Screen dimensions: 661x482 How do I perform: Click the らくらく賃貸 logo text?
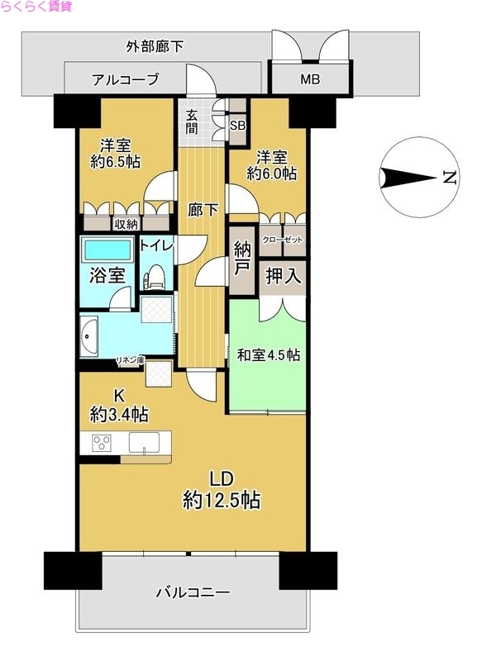[x=36, y=7]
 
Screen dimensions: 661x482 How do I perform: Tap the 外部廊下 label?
[x=155, y=46]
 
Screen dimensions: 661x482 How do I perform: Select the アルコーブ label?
[x=125, y=80]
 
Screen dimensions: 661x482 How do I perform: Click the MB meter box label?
[x=309, y=80]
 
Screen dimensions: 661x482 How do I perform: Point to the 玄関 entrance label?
[x=192, y=122]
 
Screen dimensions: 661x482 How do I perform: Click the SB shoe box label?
[x=237, y=126]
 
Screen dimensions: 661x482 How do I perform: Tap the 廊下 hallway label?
[x=202, y=210]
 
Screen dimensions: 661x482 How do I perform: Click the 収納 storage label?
[x=126, y=222]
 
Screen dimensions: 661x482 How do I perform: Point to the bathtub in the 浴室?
[x=107, y=249]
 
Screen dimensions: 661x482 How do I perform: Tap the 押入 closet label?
[x=283, y=276]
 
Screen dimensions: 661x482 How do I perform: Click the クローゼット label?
[x=283, y=240]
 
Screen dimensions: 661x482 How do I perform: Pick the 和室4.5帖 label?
[x=268, y=355]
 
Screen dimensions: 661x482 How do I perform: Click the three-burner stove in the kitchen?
[x=102, y=443]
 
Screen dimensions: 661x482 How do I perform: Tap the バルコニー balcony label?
[x=192, y=592]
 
